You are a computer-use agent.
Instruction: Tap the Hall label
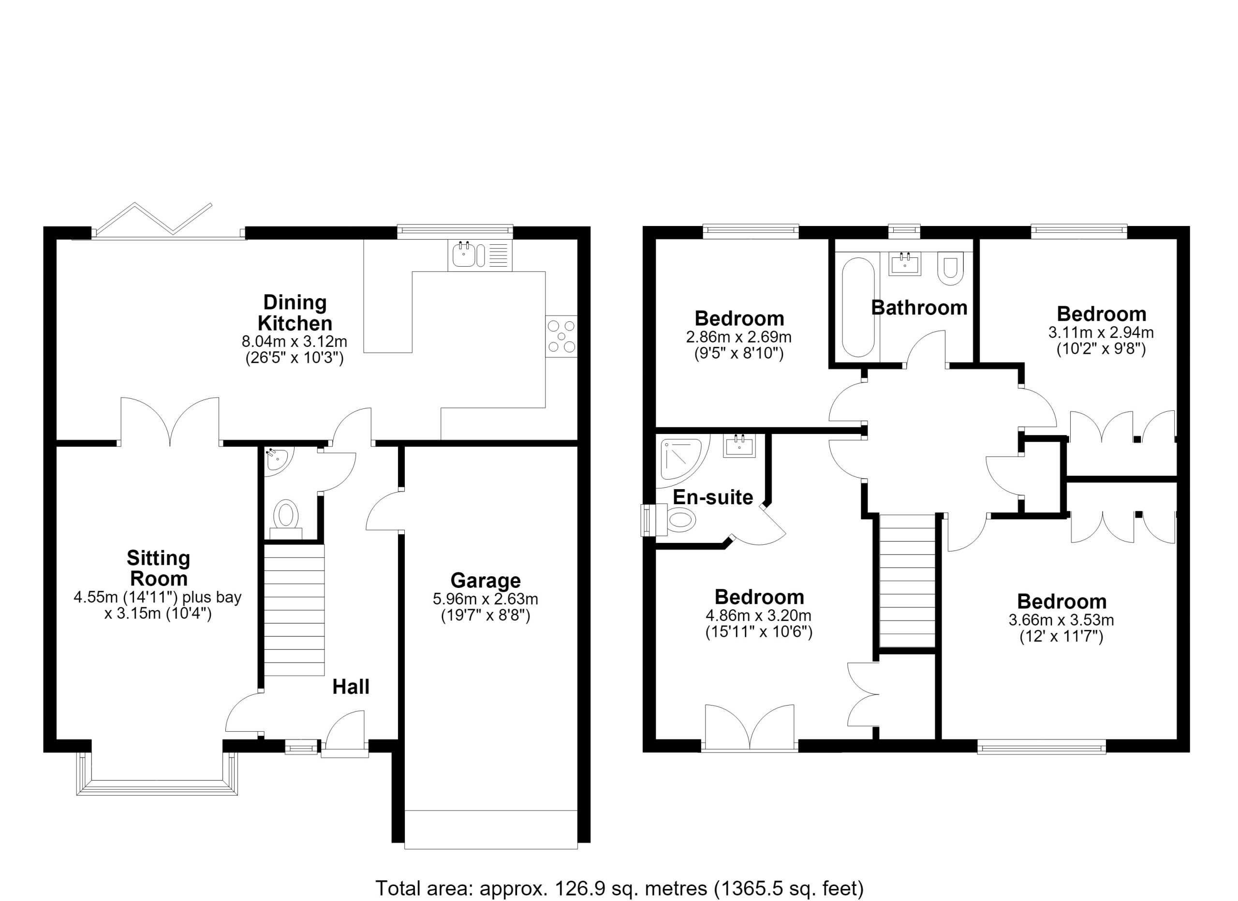(x=351, y=687)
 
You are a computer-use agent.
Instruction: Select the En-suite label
(x=713, y=497)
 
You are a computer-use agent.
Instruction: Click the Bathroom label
(x=919, y=308)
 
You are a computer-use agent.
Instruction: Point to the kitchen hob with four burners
(x=561, y=336)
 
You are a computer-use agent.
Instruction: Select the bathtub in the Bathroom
(x=858, y=307)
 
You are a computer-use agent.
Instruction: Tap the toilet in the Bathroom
(x=951, y=268)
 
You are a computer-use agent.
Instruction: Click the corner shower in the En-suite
(x=682, y=462)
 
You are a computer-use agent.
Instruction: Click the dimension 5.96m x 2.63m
(x=485, y=599)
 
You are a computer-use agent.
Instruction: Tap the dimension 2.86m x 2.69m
(x=738, y=337)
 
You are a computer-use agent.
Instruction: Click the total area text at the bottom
(x=619, y=888)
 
